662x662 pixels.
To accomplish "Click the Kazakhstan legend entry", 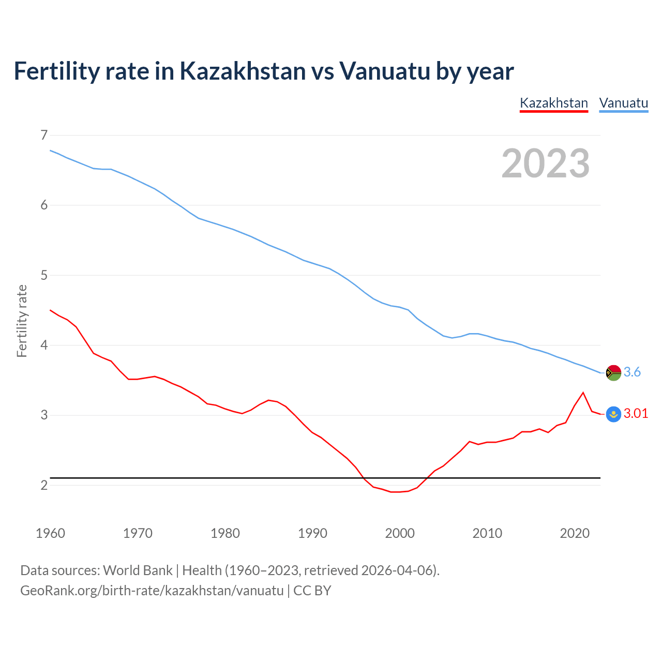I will [x=553, y=103].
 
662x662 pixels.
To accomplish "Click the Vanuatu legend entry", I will [x=623, y=103].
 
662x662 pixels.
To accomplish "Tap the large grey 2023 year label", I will [x=546, y=163].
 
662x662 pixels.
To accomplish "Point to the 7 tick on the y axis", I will [x=44, y=136].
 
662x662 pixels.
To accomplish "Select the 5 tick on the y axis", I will [x=44, y=275].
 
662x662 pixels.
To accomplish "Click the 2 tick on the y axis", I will [x=44, y=485].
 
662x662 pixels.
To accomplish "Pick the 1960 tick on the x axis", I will [x=50, y=533].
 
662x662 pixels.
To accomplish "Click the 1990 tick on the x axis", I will [x=312, y=533].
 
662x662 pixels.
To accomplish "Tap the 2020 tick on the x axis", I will [x=575, y=533].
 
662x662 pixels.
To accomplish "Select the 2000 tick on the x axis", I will [x=400, y=533].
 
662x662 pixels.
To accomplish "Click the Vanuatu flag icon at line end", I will [x=613, y=372].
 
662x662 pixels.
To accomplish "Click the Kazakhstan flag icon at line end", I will [x=613, y=414].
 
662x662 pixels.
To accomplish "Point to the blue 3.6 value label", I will [x=632, y=372].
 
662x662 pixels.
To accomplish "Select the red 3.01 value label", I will [x=636, y=413].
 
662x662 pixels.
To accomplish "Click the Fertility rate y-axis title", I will [x=22, y=321].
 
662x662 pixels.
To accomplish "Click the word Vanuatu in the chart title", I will [x=384, y=71].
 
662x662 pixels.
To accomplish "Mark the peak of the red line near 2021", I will [x=583, y=393].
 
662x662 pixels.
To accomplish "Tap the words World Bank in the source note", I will [x=138, y=570].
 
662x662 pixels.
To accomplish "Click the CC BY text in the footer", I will [x=312, y=591].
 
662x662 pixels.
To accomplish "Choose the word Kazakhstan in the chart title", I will [x=243, y=71].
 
